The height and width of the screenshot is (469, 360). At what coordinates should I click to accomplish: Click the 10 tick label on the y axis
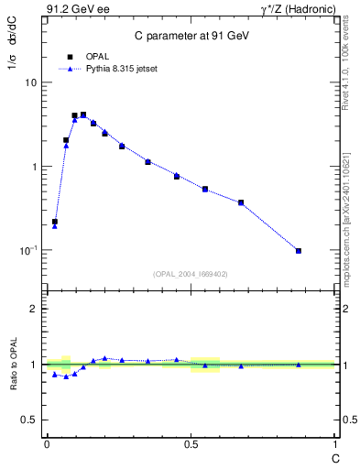[30, 82]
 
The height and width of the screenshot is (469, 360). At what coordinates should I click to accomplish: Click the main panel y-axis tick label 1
[34, 167]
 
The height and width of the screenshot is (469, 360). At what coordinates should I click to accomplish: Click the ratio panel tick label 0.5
[30, 420]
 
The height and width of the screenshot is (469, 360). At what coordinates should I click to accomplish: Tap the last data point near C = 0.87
[299, 250]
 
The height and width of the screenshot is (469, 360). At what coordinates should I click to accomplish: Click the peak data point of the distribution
[83, 115]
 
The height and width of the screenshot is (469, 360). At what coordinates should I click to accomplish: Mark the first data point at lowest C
[55, 222]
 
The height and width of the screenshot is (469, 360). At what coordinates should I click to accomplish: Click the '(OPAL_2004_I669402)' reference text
[190, 274]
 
